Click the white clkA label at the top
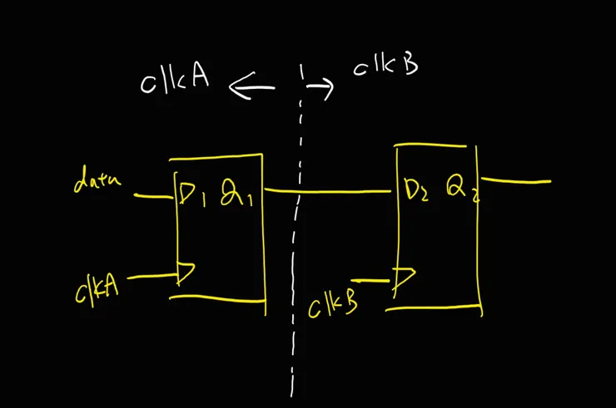click(175, 81)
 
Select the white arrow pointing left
click(251, 87)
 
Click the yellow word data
click(97, 179)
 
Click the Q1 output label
click(236, 193)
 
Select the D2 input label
click(416, 190)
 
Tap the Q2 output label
click(463, 189)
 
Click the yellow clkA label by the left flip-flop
click(97, 289)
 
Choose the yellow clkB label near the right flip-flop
click(333, 306)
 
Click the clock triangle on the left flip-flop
click(186, 273)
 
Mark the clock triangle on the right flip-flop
click(405, 279)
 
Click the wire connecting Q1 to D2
click(328, 191)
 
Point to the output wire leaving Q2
click(516, 181)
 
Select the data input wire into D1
click(153, 196)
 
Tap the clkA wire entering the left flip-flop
click(152, 276)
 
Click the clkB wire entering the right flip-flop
click(370, 281)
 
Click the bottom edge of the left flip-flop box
click(217, 299)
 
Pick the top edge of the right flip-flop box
click(430, 145)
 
